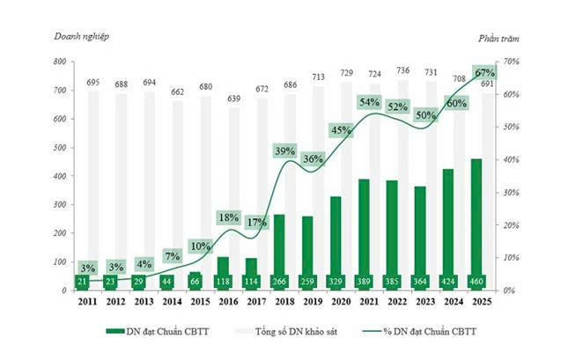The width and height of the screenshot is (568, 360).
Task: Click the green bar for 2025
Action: coord(476,224)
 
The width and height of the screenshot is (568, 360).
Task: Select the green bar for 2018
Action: coord(279,252)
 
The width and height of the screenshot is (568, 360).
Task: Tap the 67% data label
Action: coord(484,73)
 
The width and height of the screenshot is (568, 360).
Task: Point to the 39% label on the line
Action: coord(284,151)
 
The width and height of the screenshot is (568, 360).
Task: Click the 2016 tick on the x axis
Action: coord(229,302)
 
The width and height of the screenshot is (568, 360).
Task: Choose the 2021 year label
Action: coord(370,302)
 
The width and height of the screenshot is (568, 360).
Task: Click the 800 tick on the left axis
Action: coord(59,62)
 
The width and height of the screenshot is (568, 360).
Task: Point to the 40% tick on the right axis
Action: coord(511,159)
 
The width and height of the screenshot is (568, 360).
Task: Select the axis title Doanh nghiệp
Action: coord(82,37)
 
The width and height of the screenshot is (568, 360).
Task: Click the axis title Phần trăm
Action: coord(498,39)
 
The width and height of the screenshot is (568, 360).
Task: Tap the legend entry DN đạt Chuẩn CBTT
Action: coord(158,331)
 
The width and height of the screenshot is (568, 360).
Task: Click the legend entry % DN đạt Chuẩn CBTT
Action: coord(419,331)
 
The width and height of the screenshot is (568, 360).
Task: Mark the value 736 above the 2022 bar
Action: coord(402,70)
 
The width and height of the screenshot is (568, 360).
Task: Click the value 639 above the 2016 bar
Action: coord(234,99)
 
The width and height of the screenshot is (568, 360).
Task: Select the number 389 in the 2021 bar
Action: coord(364,282)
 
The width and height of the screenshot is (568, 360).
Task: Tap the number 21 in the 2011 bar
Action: coord(82,282)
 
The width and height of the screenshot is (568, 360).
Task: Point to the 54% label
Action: coord(370,102)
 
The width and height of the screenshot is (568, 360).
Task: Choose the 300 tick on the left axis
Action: coord(59,204)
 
